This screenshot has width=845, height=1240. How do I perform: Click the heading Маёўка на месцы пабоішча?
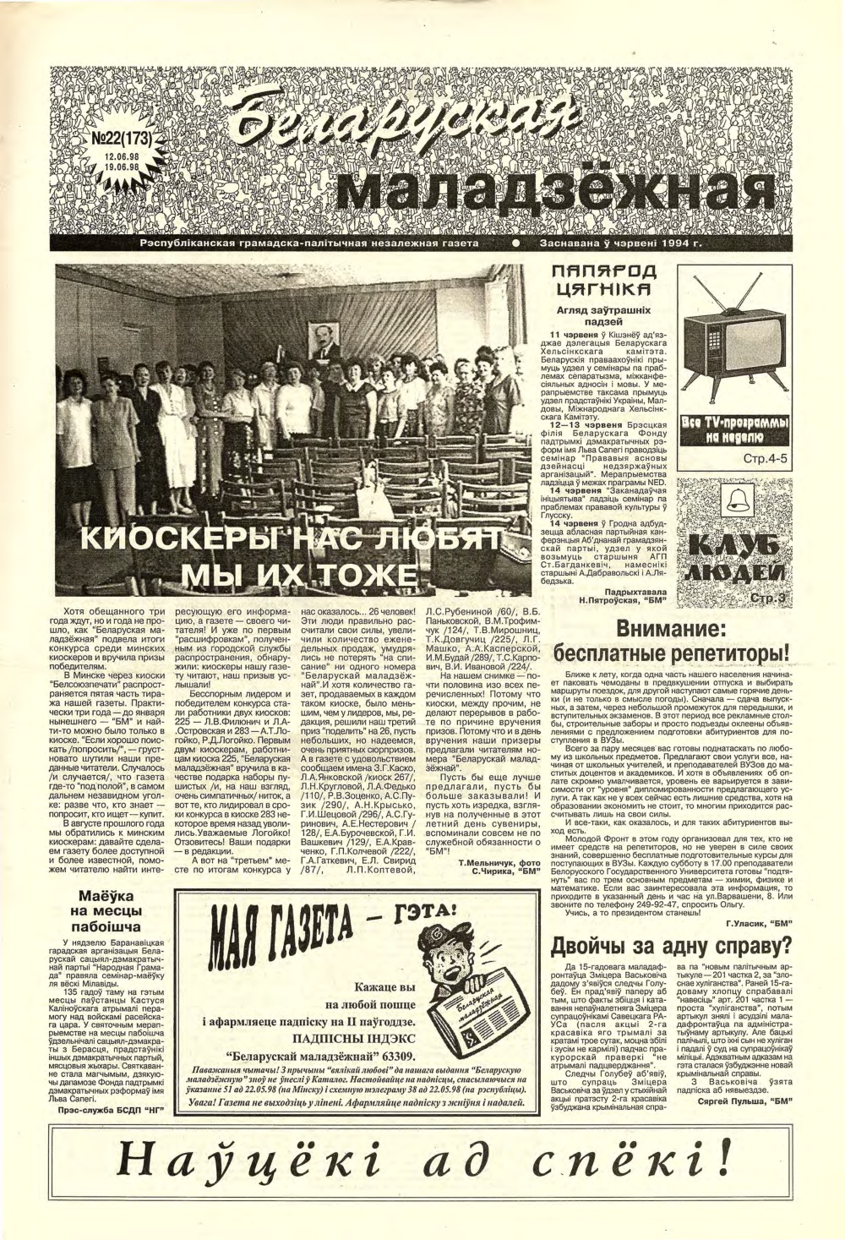116,925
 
